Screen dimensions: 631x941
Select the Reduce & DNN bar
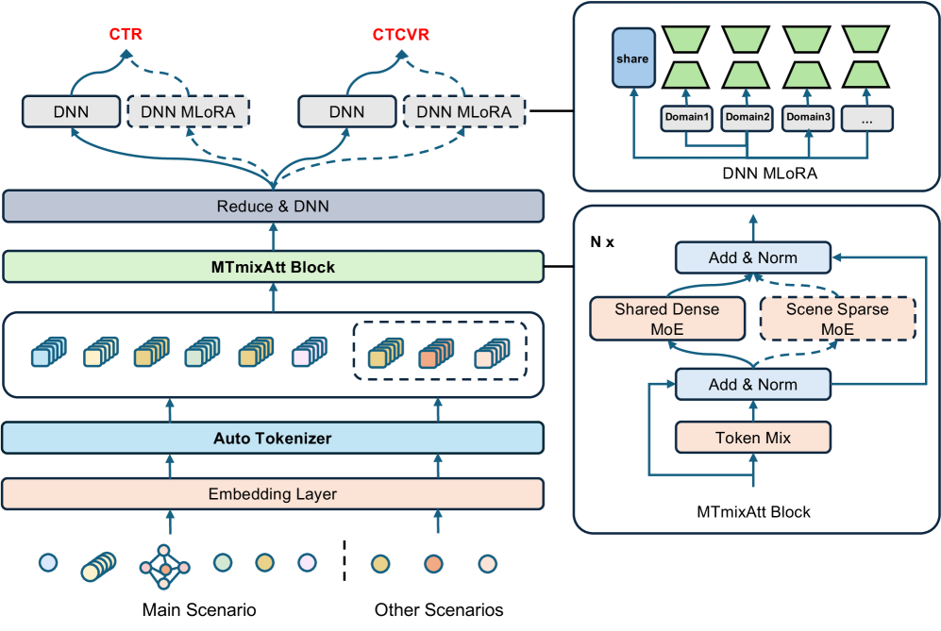pyautogui.click(x=273, y=206)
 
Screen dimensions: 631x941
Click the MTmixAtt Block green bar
pyautogui.click(x=273, y=267)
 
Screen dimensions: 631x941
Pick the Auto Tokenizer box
pyautogui.click(x=273, y=438)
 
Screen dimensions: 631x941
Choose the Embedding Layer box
pyautogui.click(x=273, y=493)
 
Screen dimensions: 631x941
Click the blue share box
pyautogui.click(x=632, y=58)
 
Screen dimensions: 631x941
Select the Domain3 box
pyautogui.click(x=808, y=117)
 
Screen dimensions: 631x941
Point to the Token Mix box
pyautogui.click(x=752, y=438)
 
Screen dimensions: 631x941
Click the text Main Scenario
pyautogui.click(x=199, y=609)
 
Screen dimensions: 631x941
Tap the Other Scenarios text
pyautogui.click(x=439, y=609)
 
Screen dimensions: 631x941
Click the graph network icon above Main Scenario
pyautogui.click(x=164, y=564)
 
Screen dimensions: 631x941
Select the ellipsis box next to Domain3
pyautogui.click(x=867, y=117)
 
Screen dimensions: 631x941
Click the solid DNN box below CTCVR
pyautogui.click(x=346, y=111)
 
